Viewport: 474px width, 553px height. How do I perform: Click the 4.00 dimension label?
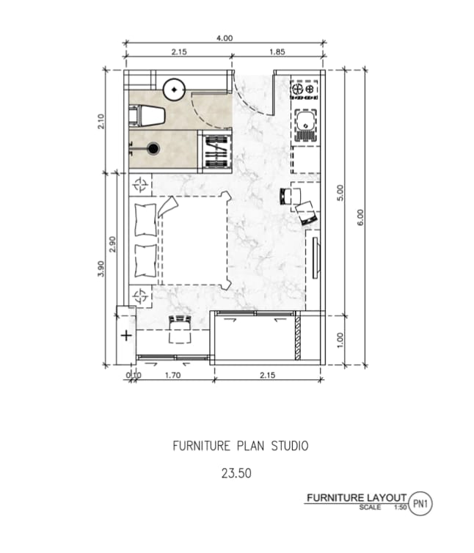tap(225, 38)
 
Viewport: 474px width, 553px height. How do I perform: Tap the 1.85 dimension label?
tap(277, 52)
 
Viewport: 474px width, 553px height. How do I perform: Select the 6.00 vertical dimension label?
tap(360, 217)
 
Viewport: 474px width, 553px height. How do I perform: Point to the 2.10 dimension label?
tap(101, 121)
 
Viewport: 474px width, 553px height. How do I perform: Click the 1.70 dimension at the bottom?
tap(173, 376)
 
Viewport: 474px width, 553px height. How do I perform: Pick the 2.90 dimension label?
tap(112, 244)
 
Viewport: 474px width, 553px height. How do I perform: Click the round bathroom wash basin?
tap(174, 89)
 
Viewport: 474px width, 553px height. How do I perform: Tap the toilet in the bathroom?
tap(147, 115)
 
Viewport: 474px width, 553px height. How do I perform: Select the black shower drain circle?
tap(153, 149)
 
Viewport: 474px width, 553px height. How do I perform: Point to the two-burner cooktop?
tap(304, 89)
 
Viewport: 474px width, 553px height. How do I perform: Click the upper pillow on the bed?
tap(145, 220)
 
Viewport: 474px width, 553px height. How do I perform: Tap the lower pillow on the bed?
tap(145, 260)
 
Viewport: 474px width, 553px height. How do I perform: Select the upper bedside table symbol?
tap(140, 184)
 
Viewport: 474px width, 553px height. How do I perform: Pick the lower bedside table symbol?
tap(140, 296)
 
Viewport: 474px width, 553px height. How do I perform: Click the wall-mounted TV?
tap(315, 258)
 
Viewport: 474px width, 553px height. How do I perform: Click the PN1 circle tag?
tap(420, 504)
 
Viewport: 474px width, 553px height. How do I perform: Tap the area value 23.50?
tap(236, 473)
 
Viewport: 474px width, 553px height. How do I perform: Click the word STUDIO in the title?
tap(290, 446)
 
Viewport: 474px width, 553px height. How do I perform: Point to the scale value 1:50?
tap(401, 508)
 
